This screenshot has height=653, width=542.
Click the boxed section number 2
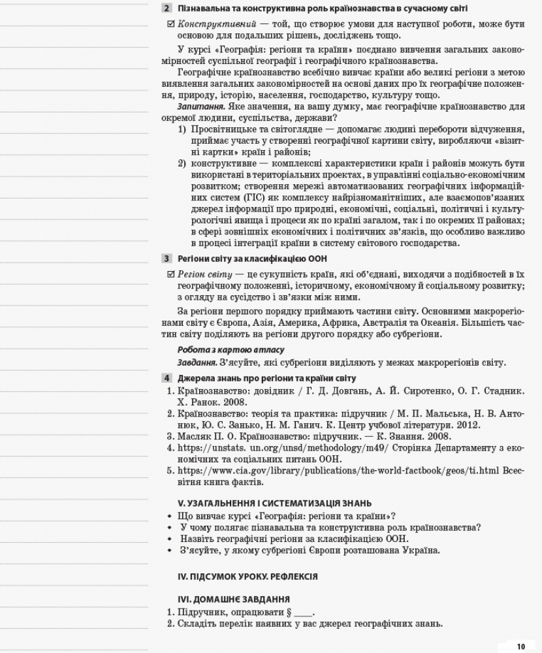[x=167, y=8]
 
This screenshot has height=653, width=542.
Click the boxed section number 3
[x=167, y=259]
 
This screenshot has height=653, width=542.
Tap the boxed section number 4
[x=167, y=378]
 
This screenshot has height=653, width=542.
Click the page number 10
[x=520, y=646]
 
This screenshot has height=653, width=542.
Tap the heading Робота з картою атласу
[x=222, y=350]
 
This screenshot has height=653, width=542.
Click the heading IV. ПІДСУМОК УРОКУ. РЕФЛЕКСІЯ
[x=247, y=577]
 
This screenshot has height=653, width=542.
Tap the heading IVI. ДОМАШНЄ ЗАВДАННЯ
[x=234, y=599]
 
